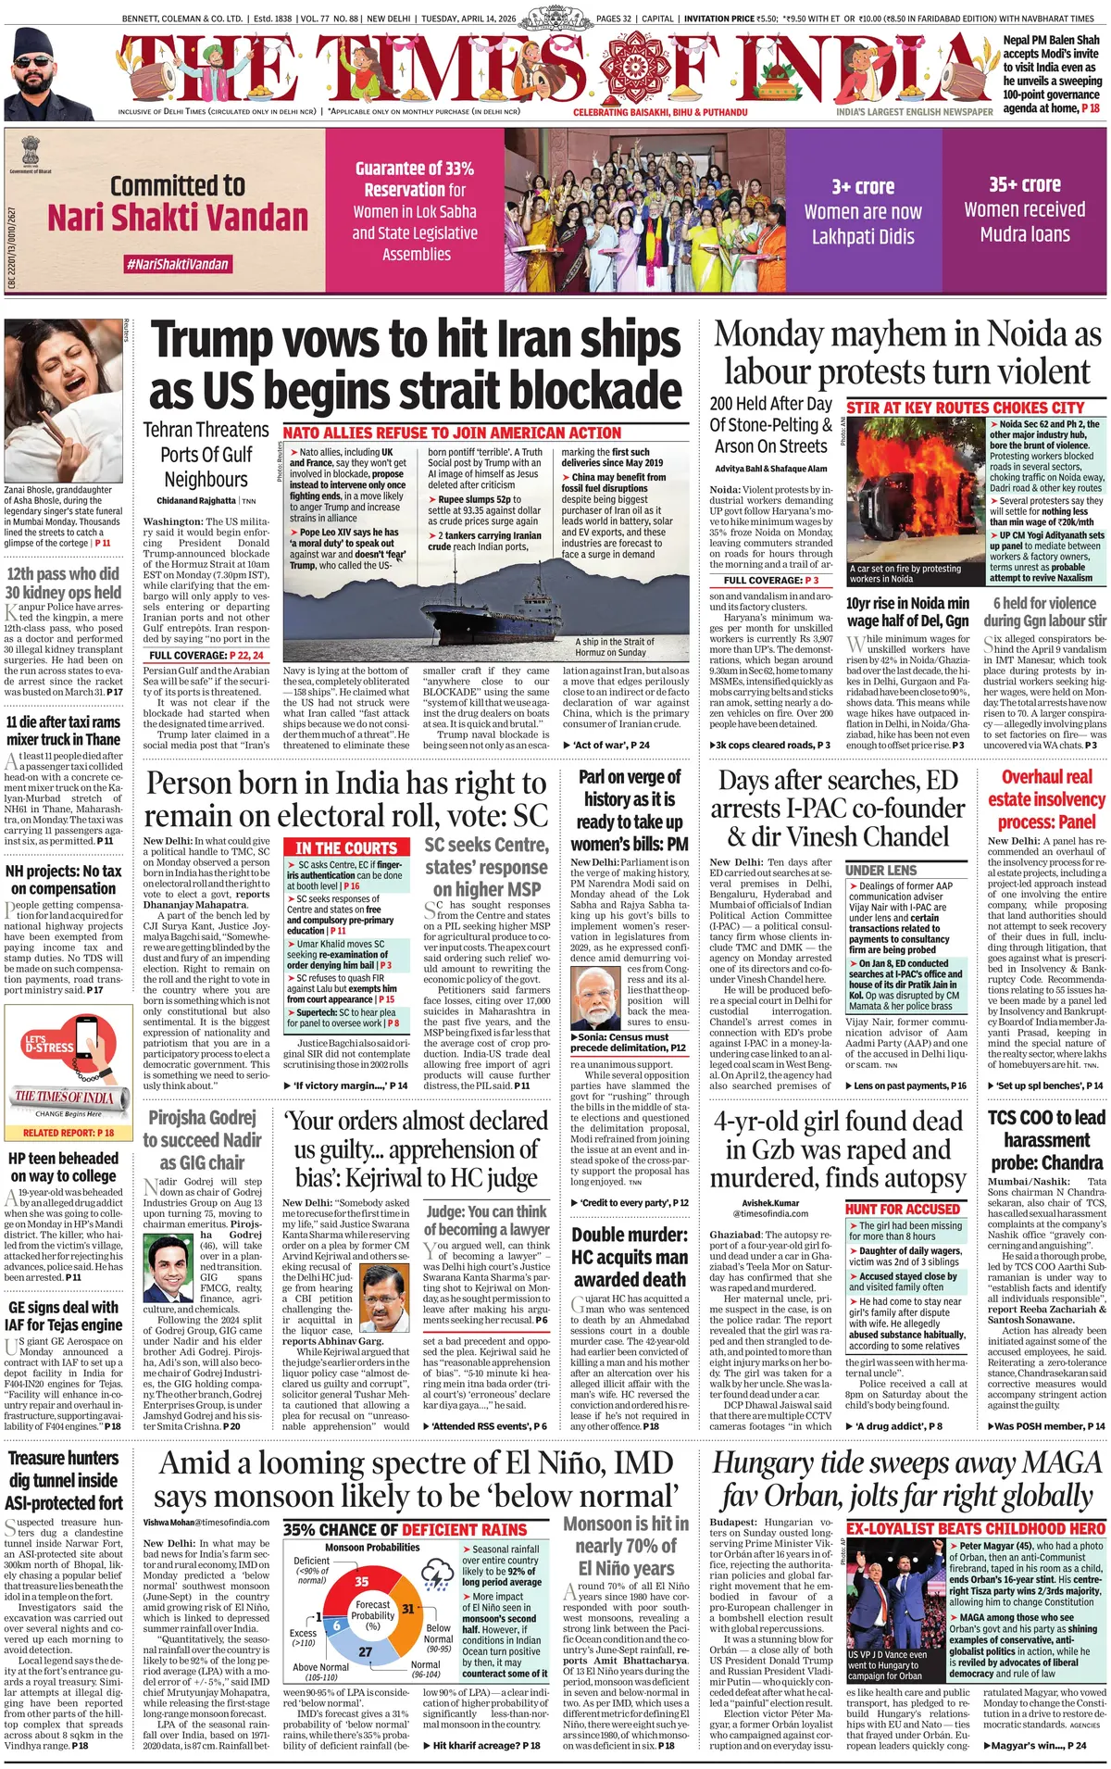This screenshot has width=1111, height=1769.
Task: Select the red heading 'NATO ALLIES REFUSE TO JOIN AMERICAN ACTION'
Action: (453, 433)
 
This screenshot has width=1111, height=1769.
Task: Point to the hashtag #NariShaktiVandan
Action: (178, 264)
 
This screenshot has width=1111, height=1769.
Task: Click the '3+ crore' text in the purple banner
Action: (862, 186)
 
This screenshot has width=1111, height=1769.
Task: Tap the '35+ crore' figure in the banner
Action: (1024, 184)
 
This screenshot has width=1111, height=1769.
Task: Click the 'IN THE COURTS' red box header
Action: (346, 847)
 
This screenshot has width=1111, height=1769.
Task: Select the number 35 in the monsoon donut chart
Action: (362, 1581)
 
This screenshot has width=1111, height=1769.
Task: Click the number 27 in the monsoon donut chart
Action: (366, 1651)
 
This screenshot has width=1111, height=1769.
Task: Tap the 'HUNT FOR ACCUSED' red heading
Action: (903, 1209)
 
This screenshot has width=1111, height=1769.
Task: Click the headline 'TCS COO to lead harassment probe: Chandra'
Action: (1046, 1139)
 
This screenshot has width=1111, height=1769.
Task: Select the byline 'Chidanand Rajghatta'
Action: (196, 501)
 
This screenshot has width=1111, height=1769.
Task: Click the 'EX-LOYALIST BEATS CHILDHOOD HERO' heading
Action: (976, 1528)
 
